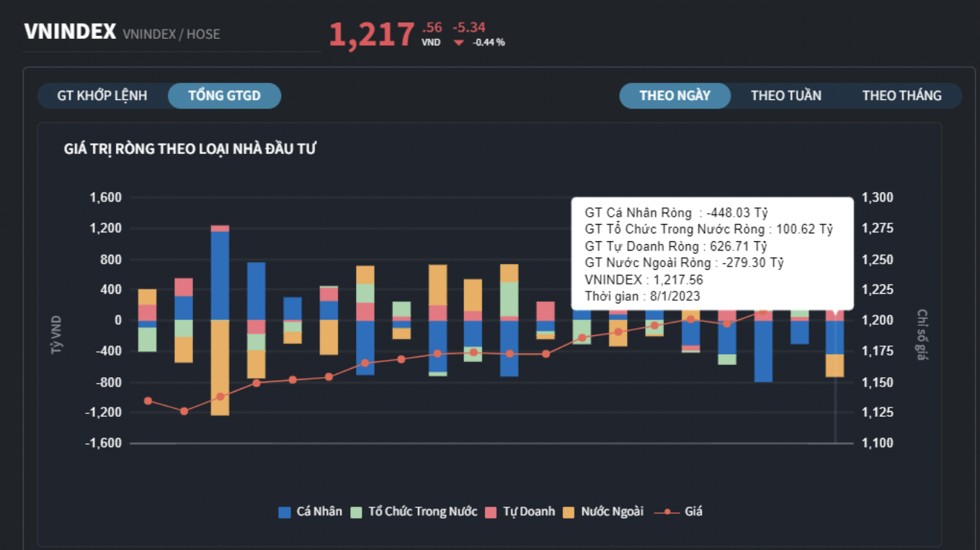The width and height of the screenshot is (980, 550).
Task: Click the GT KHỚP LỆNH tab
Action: tap(102, 96)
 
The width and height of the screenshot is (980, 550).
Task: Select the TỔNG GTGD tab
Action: tap(224, 96)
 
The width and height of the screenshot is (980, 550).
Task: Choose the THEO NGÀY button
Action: tap(674, 96)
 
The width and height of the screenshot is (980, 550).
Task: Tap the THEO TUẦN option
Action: tap(785, 96)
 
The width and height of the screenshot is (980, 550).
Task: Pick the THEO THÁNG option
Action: tap(901, 96)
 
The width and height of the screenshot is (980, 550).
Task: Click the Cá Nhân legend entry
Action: tap(311, 512)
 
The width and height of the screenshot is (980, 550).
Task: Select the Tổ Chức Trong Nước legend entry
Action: tap(414, 512)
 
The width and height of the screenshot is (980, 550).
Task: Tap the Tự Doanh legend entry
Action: tap(520, 512)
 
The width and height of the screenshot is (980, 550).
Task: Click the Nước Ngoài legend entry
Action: tap(602, 512)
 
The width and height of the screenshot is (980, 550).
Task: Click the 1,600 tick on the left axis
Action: tap(105, 198)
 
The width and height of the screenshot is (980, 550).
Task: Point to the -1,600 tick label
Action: tap(103, 443)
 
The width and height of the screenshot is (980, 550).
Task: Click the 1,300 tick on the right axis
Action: tap(877, 198)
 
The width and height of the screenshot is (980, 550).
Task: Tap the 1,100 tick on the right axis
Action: tap(877, 443)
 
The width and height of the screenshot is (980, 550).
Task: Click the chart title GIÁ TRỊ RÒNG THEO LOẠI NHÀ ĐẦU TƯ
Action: tap(190, 149)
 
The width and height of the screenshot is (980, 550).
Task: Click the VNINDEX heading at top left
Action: tap(70, 32)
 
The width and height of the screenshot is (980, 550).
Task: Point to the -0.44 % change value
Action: tap(489, 42)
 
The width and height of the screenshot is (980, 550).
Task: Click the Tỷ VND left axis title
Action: tap(56, 335)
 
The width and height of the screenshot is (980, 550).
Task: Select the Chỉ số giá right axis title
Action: tap(922, 335)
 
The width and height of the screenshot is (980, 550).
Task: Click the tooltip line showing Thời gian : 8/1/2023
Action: tap(643, 296)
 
